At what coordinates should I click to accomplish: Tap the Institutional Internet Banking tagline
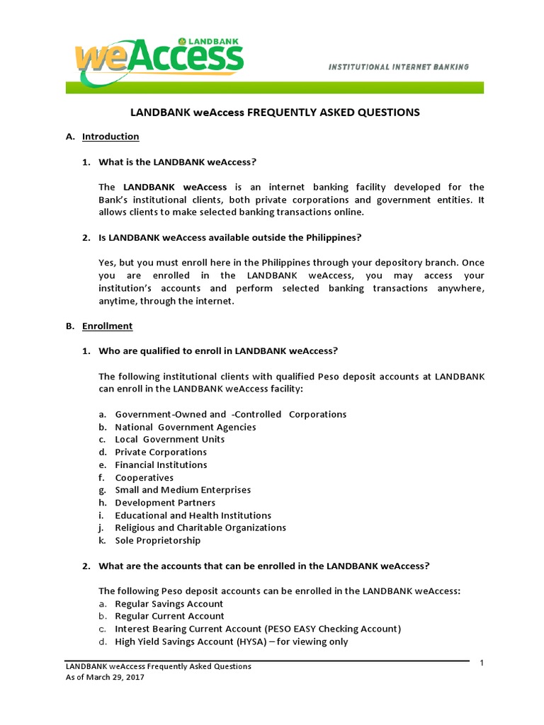tap(397, 67)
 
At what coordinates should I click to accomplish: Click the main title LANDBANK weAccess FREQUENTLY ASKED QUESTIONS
tap(273, 112)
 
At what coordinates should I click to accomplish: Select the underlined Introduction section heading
tap(110, 136)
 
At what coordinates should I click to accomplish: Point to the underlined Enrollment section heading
tap(107, 326)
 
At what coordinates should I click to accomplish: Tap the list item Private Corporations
tap(161, 452)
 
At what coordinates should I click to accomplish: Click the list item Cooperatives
tap(144, 477)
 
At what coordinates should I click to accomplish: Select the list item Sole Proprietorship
tap(157, 540)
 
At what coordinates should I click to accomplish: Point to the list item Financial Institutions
tap(161, 464)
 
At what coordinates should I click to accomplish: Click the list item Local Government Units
tap(169, 439)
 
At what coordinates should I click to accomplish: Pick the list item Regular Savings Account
tap(169, 604)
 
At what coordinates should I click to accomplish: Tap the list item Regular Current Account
tap(169, 616)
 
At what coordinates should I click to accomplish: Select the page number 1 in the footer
tap(481, 663)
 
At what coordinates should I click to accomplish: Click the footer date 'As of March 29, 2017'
tap(105, 677)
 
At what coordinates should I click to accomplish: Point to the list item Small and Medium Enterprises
tap(183, 490)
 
